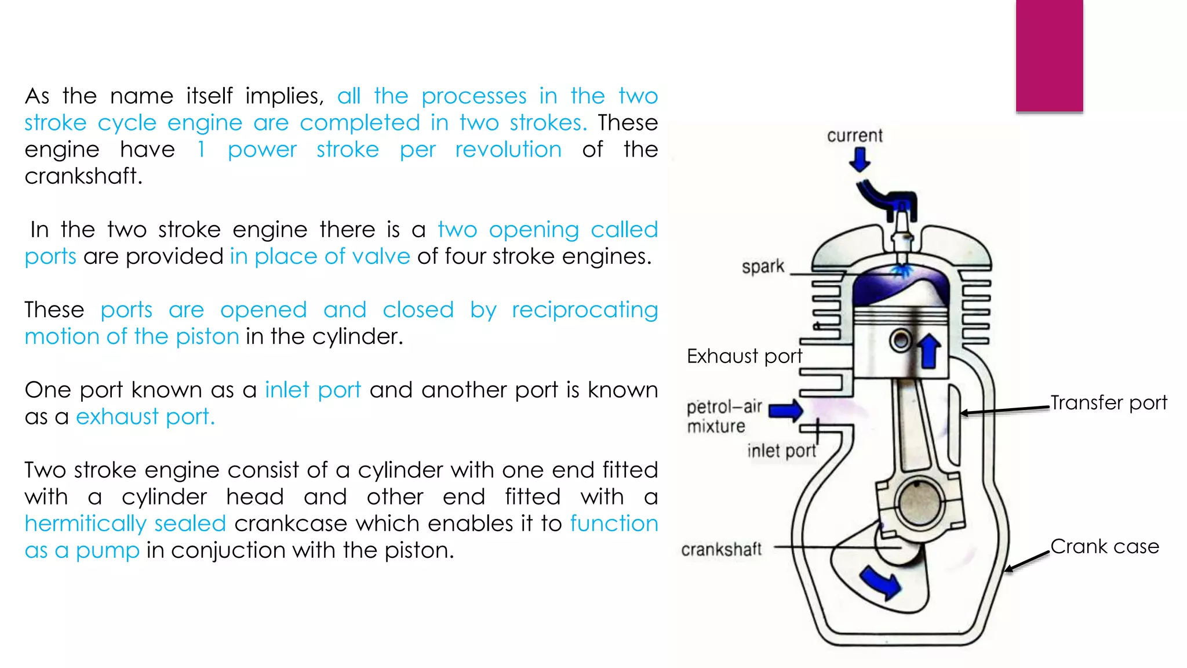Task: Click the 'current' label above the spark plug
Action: [854, 136]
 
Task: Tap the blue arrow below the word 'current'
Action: [860, 159]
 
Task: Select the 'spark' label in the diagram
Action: [763, 267]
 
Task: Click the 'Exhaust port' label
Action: [744, 356]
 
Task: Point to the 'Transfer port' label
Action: [1108, 402]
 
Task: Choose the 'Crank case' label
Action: [1105, 546]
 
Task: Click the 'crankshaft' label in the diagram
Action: [721, 549]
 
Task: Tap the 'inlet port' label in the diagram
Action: [781, 451]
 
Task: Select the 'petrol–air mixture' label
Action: [723, 416]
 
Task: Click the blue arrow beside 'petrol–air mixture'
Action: [785, 411]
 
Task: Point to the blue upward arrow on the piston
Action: [929, 350]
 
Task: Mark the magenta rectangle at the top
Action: [1049, 56]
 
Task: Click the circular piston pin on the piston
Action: [901, 340]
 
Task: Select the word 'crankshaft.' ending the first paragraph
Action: [83, 176]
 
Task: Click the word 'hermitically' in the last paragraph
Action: [84, 524]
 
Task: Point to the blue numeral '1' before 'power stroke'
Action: [201, 150]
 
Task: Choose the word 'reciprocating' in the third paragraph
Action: [584, 310]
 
